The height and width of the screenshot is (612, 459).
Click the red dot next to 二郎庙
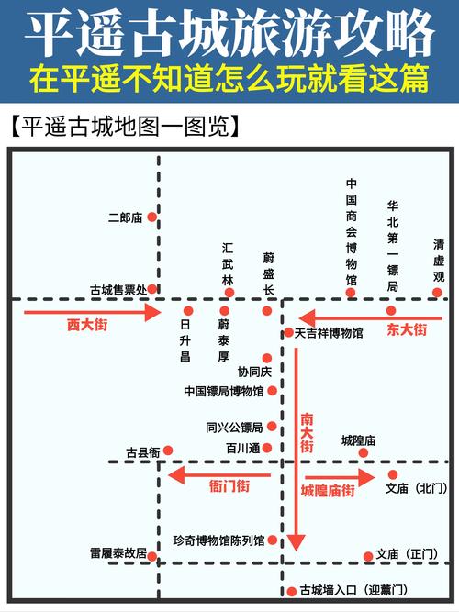coord(152,217)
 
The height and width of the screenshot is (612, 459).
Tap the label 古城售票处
coord(117,289)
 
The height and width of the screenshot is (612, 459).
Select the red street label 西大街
coord(87,325)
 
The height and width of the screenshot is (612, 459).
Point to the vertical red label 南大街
coord(307,433)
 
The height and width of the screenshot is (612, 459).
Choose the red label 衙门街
coord(229,486)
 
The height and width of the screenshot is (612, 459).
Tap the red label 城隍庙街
coord(328,491)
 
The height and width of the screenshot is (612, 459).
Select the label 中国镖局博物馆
coord(223,392)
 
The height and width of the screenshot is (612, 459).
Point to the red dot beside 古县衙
coord(168,451)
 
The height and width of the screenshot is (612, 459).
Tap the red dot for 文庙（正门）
coord(368,556)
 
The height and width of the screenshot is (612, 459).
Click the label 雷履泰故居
coord(118,554)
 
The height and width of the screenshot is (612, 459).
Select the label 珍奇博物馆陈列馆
coord(218,540)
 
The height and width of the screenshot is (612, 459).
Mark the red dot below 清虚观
coord(438,293)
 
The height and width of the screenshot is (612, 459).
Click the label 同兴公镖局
coord(234,427)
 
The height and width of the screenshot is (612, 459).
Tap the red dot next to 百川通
coord(267,448)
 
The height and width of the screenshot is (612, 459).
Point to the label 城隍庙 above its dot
coord(358,440)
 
